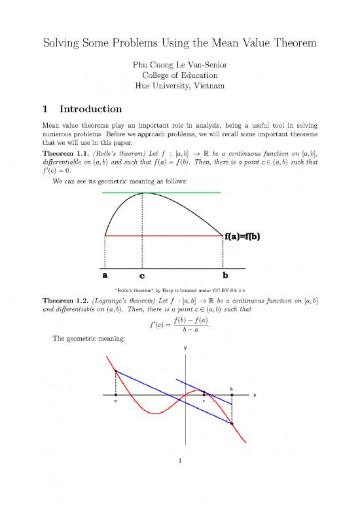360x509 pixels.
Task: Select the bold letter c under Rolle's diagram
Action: coord(143,276)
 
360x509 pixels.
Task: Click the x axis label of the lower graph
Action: coord(253,396)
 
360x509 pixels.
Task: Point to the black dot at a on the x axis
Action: coord(115,395)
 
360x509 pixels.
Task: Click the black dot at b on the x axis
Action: coord(232,395)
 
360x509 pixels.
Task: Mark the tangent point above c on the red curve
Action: coord(204,390)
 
